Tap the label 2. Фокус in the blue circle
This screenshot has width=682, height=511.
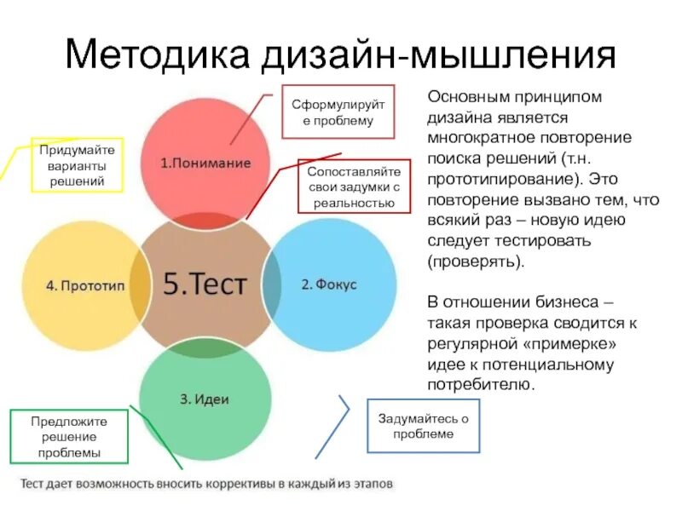coord(329,284)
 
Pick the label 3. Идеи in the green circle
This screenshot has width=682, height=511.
coord(205,399)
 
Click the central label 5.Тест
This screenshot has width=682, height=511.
coord(205,284)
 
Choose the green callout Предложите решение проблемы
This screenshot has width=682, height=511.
coord(69,436)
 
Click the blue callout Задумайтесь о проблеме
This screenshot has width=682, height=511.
coord(423,426)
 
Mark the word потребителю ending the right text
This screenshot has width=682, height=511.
coord(480,385)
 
